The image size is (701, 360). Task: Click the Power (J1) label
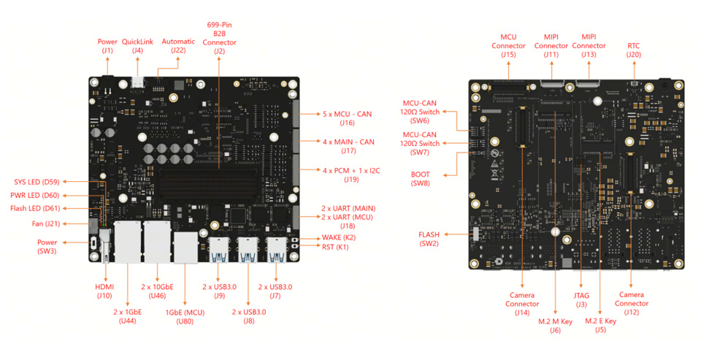pyautogui.click(x=107, y=46)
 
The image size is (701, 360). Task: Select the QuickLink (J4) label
pyautogui.click(x=137, y=46)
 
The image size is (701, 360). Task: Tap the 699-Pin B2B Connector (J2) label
pyautogui.click(x=219, y=38)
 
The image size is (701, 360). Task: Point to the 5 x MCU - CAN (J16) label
pyautogui.click(x=348, y=118)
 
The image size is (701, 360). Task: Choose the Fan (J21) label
pyautogui.click(x=45, y=223)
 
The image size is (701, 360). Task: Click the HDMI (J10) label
pyautogui.click(x=104, y=291)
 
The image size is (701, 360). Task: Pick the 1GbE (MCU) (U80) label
pyautogui.click(x=185, y=317)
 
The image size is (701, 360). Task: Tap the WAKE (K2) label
pyautogui.click(x=339, y=237)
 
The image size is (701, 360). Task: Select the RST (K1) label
pyautogui.click(x=335, y=247)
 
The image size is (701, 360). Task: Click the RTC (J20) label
pyautogui.click(x=634, y=50)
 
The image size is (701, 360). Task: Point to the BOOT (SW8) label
pyautogui.click(x=421, y=179)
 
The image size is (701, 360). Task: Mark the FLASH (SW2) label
pyautogui.click(x=429, y=239)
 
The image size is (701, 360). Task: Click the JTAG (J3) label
pyautogui.click(x=581, y=300)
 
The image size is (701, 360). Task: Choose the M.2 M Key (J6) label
pyautogui.click(x=555, y=326)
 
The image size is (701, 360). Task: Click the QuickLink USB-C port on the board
pyautogui.click(x=138, y=83)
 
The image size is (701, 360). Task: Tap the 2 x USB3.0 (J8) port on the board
pyautogui.click(x=248, y=250)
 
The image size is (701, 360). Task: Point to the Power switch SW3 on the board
pyautogui.click(x=93, y=243)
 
